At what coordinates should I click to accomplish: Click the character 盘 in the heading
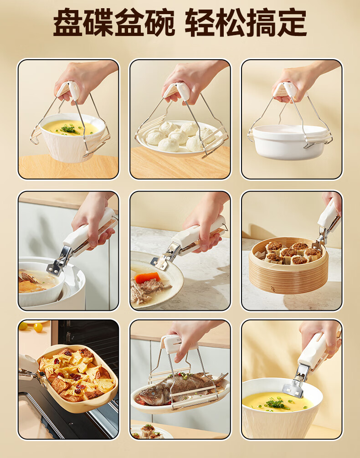[x=68, y=23]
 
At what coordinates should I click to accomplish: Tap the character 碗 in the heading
[x=159, y=23]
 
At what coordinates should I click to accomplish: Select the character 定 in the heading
[x=292, y=23]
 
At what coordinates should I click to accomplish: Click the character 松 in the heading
[x=231, y=23]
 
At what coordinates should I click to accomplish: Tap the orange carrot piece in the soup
[x=148, y=277]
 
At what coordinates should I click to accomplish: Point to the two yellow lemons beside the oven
[x=31, y=327]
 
